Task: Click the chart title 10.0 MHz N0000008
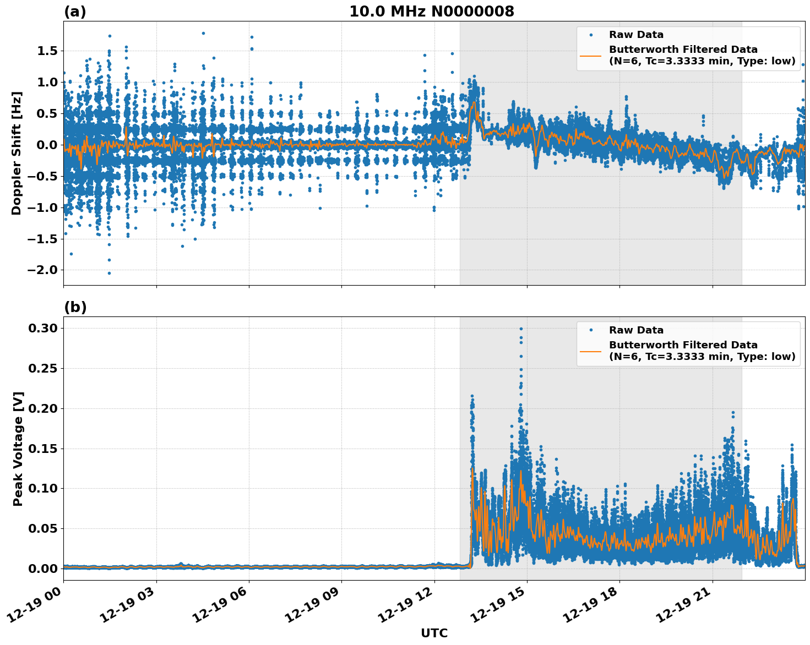point(431,12)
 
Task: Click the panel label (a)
point(75,12)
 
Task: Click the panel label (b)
point(75,307)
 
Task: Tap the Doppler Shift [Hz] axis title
point(17,153)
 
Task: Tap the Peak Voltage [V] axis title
point(18,449)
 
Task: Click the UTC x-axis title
point(434,633)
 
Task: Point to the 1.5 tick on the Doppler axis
point(46,51)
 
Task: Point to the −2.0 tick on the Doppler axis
point(43,270)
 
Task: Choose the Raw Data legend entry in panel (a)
point(636,35)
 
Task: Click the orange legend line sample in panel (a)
point(590,56)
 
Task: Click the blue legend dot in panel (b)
point(590,330)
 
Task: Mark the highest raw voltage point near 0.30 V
point(521,329)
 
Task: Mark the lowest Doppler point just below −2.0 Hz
point(109,273)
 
